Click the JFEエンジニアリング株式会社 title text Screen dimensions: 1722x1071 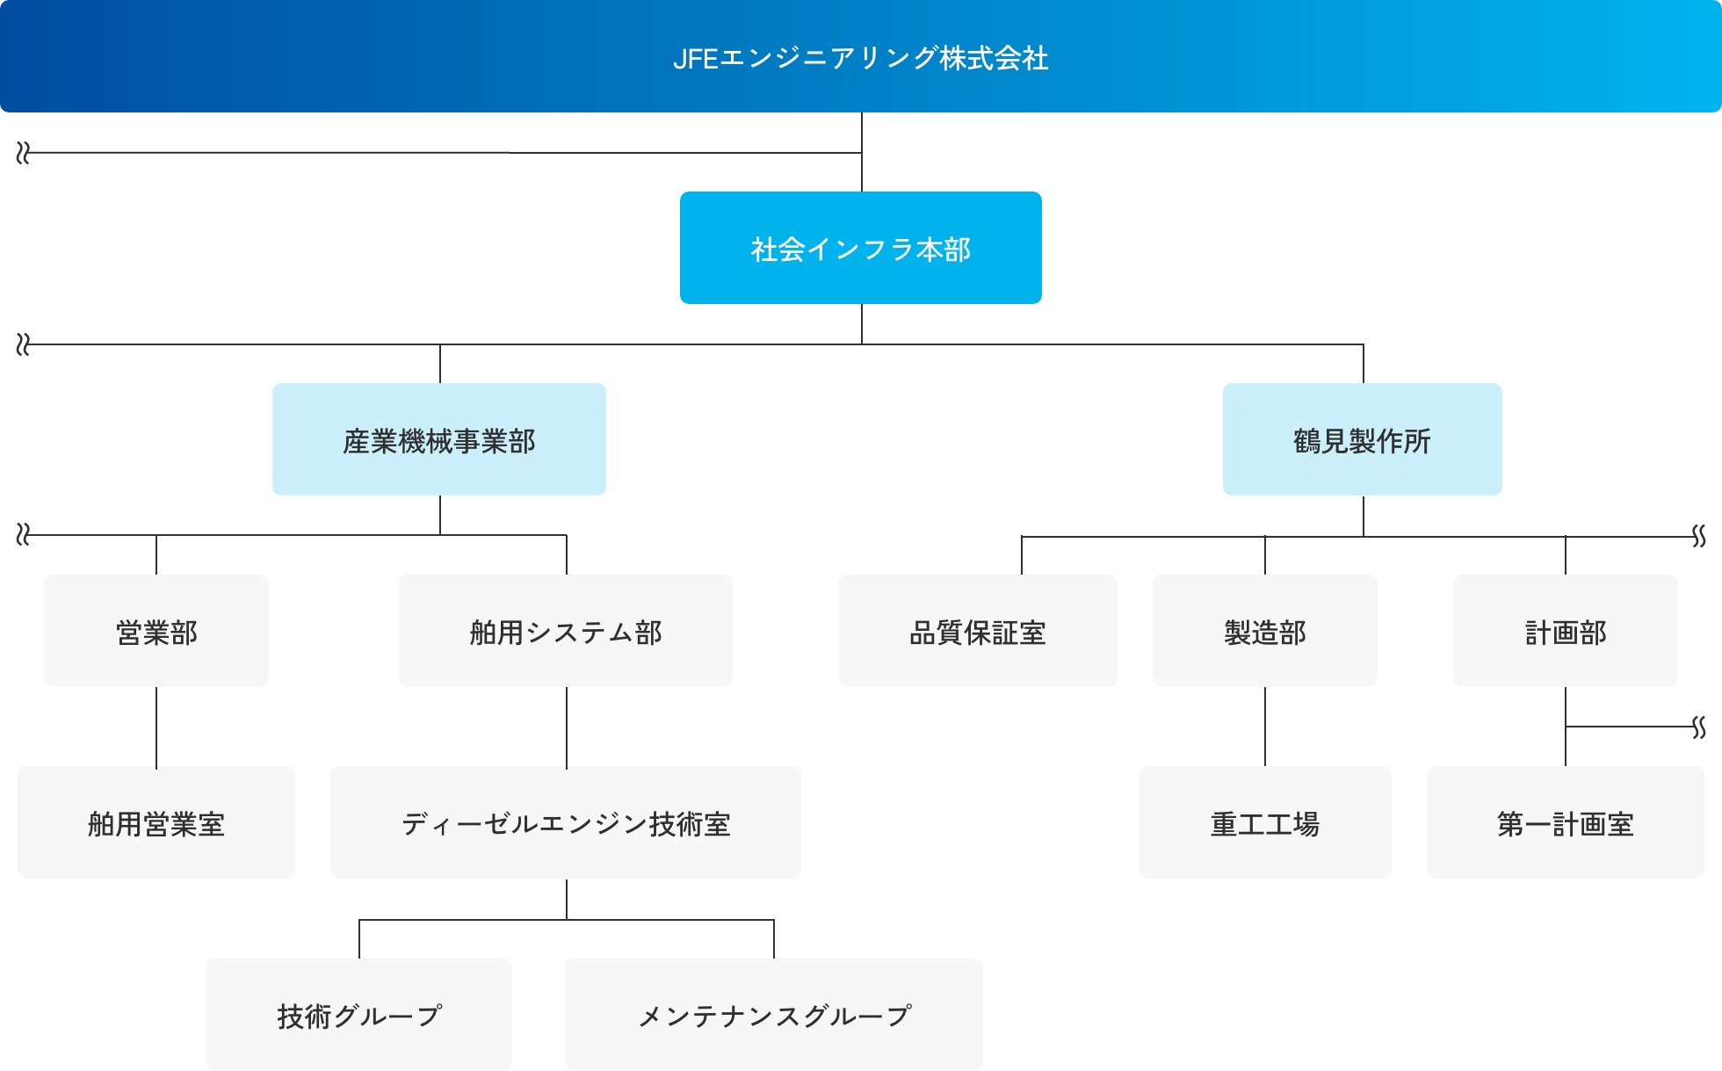tap(860, 58)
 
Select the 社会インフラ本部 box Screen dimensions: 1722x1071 tap(861, 248)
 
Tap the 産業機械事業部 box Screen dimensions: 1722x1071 tap(439, 439)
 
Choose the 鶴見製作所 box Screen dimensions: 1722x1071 tap(1363, 439)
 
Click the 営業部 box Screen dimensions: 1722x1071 tap(156, 631)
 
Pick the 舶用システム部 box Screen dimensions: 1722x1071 tap(566, 631)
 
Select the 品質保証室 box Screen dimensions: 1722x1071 tap(978, 631)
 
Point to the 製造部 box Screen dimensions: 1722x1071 tap(1265, 631)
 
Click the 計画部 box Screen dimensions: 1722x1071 tap(1566, 631)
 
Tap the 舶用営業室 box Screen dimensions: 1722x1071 tap(156, 822)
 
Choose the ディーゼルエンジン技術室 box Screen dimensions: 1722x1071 tap(566, 822)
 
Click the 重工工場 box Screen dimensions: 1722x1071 tap(1265, 822)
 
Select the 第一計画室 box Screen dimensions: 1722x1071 tap(1566, 822)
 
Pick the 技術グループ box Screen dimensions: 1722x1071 tap(359, 1015)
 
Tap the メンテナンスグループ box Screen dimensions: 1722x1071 tap(774, 1015)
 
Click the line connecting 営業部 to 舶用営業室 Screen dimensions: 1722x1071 tap(156, 727)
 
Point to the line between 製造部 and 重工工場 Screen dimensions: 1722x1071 tap(1265, 727)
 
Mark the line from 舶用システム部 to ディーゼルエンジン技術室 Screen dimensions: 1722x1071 tap(567, 727)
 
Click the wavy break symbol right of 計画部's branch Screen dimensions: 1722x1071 tap(1699, 727)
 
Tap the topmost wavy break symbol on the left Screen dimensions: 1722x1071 tap(23, 154)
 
